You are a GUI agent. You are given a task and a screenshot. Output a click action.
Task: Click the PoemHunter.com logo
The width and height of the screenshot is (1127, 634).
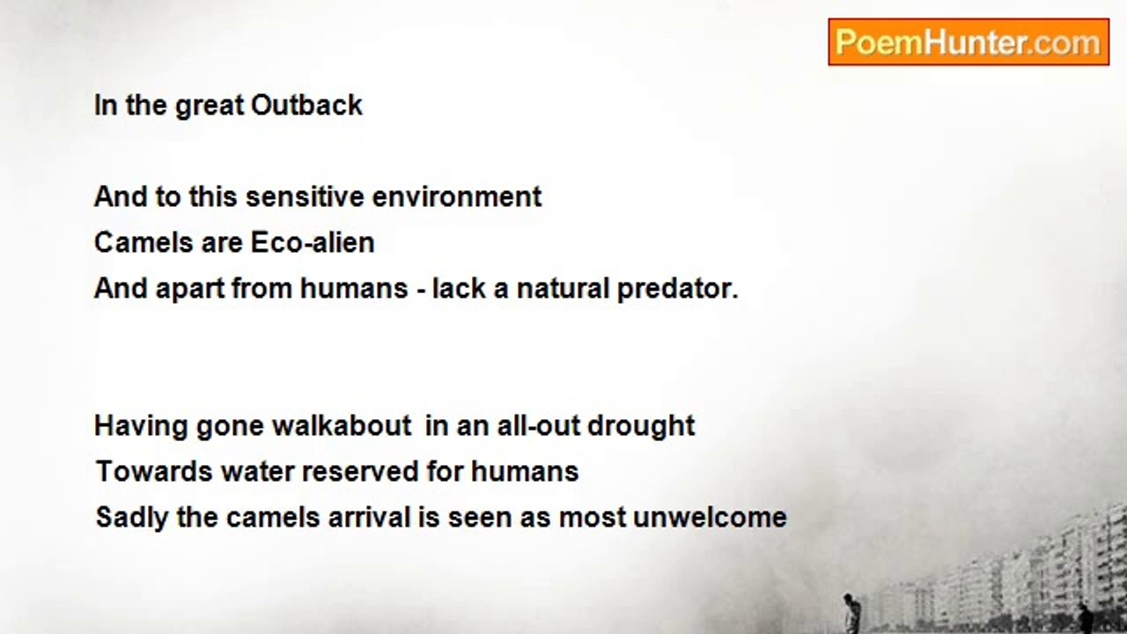pos(969,42)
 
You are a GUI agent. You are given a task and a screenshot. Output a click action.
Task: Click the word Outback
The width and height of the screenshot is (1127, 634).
pos(306,106)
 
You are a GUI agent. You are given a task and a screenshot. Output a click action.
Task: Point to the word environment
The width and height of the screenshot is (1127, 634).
pos(457,196)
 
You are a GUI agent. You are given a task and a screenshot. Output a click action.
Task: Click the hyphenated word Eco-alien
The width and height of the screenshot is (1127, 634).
pos(313,242)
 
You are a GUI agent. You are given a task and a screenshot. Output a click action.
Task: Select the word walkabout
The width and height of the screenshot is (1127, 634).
pos(342,425)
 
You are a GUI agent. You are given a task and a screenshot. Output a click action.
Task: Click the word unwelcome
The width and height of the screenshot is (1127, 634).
pos(710,517)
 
